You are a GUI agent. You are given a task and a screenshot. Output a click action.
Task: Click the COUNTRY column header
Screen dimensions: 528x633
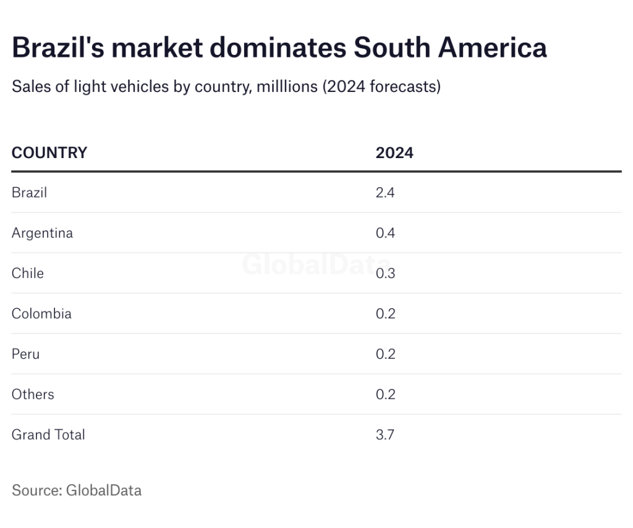coord(49,153)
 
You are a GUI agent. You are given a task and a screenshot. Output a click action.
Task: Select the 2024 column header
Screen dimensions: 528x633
coord(394,153)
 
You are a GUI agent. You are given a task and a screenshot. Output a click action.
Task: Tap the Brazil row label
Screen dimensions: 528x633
coord(29,192)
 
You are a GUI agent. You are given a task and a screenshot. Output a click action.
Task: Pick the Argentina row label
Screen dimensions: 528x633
coord(42,233)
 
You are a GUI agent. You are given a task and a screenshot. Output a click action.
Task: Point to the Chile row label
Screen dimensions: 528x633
coord(28,273)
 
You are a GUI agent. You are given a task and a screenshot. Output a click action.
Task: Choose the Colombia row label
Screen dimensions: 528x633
coord(41,313)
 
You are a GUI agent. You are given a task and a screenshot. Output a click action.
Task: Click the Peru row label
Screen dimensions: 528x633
coord(25,354)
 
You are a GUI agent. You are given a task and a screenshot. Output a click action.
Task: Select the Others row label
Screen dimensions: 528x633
coord(33,394)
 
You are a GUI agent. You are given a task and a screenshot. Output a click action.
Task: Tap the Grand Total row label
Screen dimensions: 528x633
coord(48,434)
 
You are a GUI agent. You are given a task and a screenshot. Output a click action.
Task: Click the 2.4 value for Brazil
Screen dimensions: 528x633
coord(385,192)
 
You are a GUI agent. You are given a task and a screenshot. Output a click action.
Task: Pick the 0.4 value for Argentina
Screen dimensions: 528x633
coord(385,233)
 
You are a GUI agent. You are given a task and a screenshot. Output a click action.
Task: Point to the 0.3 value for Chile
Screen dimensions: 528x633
coord(385,273)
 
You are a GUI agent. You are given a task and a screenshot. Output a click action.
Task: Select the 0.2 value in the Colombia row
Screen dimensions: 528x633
coord(385,313)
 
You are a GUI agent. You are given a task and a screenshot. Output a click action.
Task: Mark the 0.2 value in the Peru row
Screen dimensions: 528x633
coord(385,354)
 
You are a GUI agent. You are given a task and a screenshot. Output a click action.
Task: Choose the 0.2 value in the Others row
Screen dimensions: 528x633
coord(385,394)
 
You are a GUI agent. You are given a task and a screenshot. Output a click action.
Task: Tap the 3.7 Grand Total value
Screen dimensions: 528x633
coord(385,434)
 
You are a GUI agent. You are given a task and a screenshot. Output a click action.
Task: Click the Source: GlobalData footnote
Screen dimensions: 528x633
coord(77,490)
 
